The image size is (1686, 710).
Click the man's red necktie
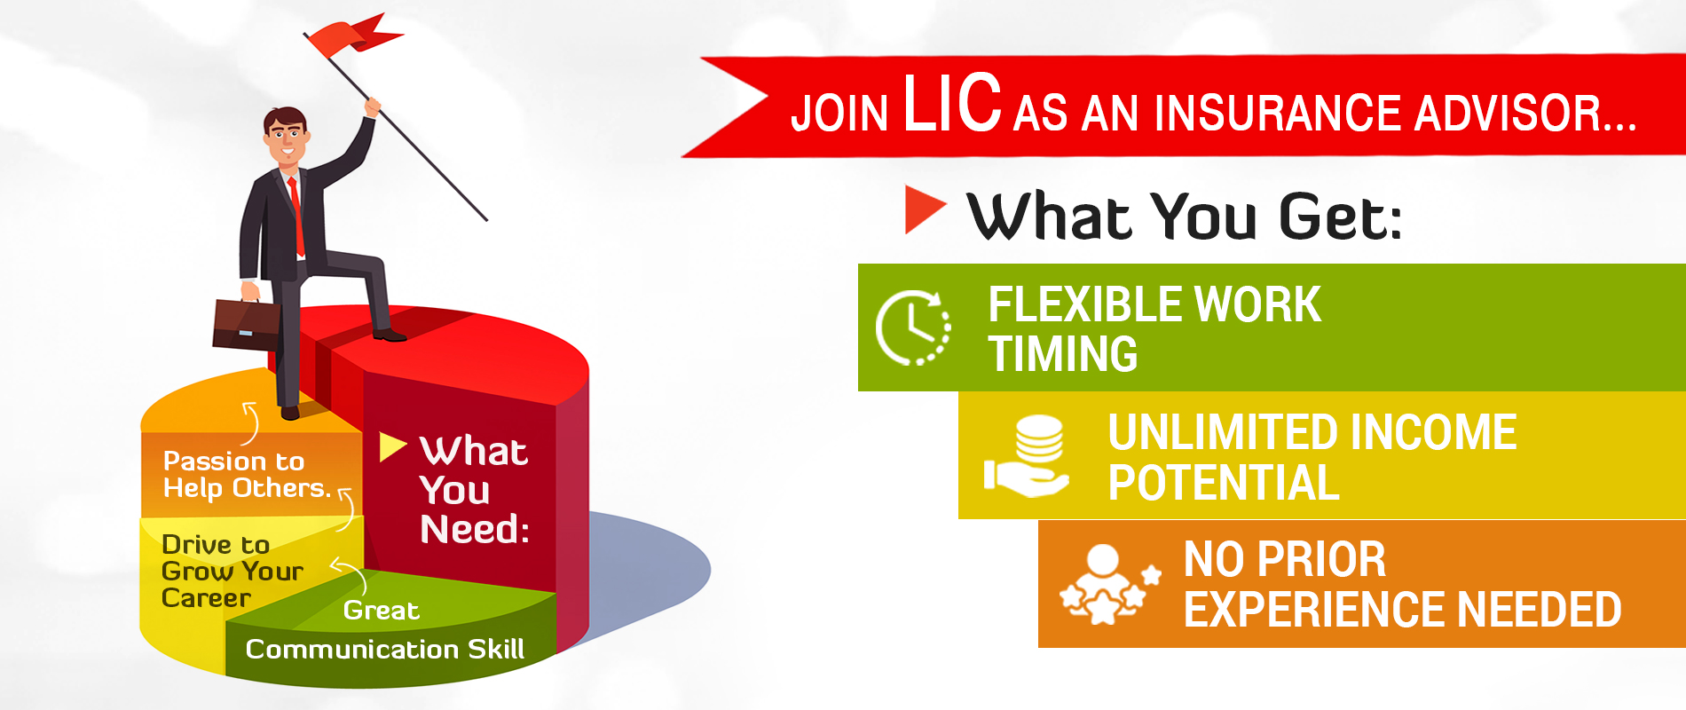pos(296,217)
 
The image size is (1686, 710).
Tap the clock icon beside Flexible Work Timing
pos(913,327)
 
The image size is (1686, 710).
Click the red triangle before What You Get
pos(924,209)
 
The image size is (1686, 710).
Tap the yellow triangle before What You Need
pos(391,446)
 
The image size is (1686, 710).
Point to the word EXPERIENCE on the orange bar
pos(1312,610)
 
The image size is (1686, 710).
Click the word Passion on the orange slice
pos(209,461)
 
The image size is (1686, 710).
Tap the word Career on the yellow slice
pos(206,598)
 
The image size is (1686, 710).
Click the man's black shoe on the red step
pos(390,335)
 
